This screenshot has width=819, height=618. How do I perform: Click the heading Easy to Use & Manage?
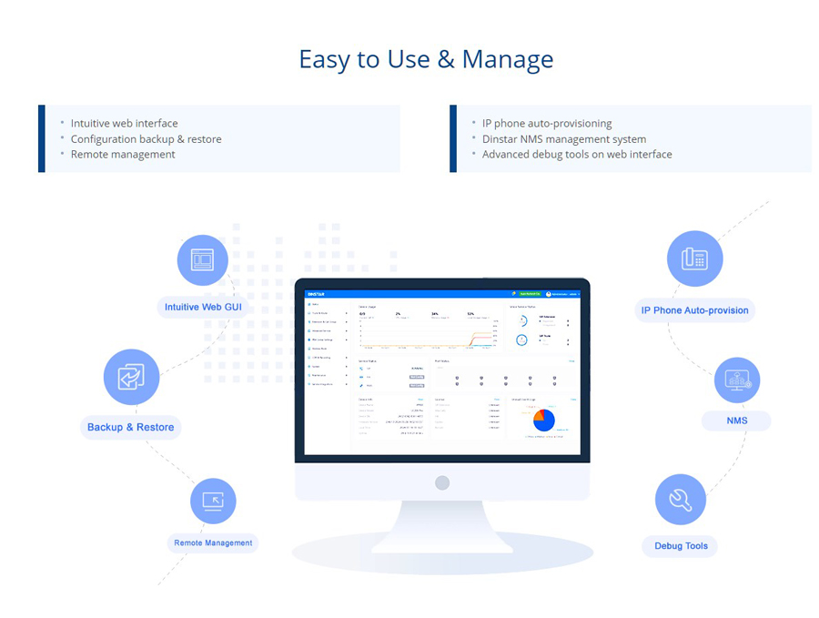click(426, 60)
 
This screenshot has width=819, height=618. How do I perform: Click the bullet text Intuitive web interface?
click(125, 124)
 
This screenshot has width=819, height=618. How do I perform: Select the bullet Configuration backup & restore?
click(147, 139)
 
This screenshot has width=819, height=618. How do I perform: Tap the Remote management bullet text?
click(123, 155)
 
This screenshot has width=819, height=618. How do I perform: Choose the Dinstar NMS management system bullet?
click(564, 139)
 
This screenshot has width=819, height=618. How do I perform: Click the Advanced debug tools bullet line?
click(577, 155)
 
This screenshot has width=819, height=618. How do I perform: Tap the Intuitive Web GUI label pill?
click(204, 308)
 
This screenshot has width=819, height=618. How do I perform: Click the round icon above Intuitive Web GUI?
click(202, 260)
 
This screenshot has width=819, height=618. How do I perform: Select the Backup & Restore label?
click(130, 427)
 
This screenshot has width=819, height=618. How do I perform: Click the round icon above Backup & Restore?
click(131, 377)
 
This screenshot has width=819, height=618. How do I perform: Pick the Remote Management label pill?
click(213, 543)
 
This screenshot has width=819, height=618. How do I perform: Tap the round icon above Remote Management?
click(213, 501)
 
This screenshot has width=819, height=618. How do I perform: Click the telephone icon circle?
click(694, 258)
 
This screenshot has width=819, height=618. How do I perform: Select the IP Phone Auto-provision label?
click(694, 310)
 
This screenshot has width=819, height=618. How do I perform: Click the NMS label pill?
click(736, 421)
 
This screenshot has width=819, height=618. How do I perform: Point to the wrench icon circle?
click(681, 500)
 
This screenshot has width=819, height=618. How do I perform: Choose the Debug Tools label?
click(681, 546)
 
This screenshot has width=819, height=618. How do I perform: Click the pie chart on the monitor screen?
click(543, 420)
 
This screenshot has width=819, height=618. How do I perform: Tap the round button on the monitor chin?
click(442, 482)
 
